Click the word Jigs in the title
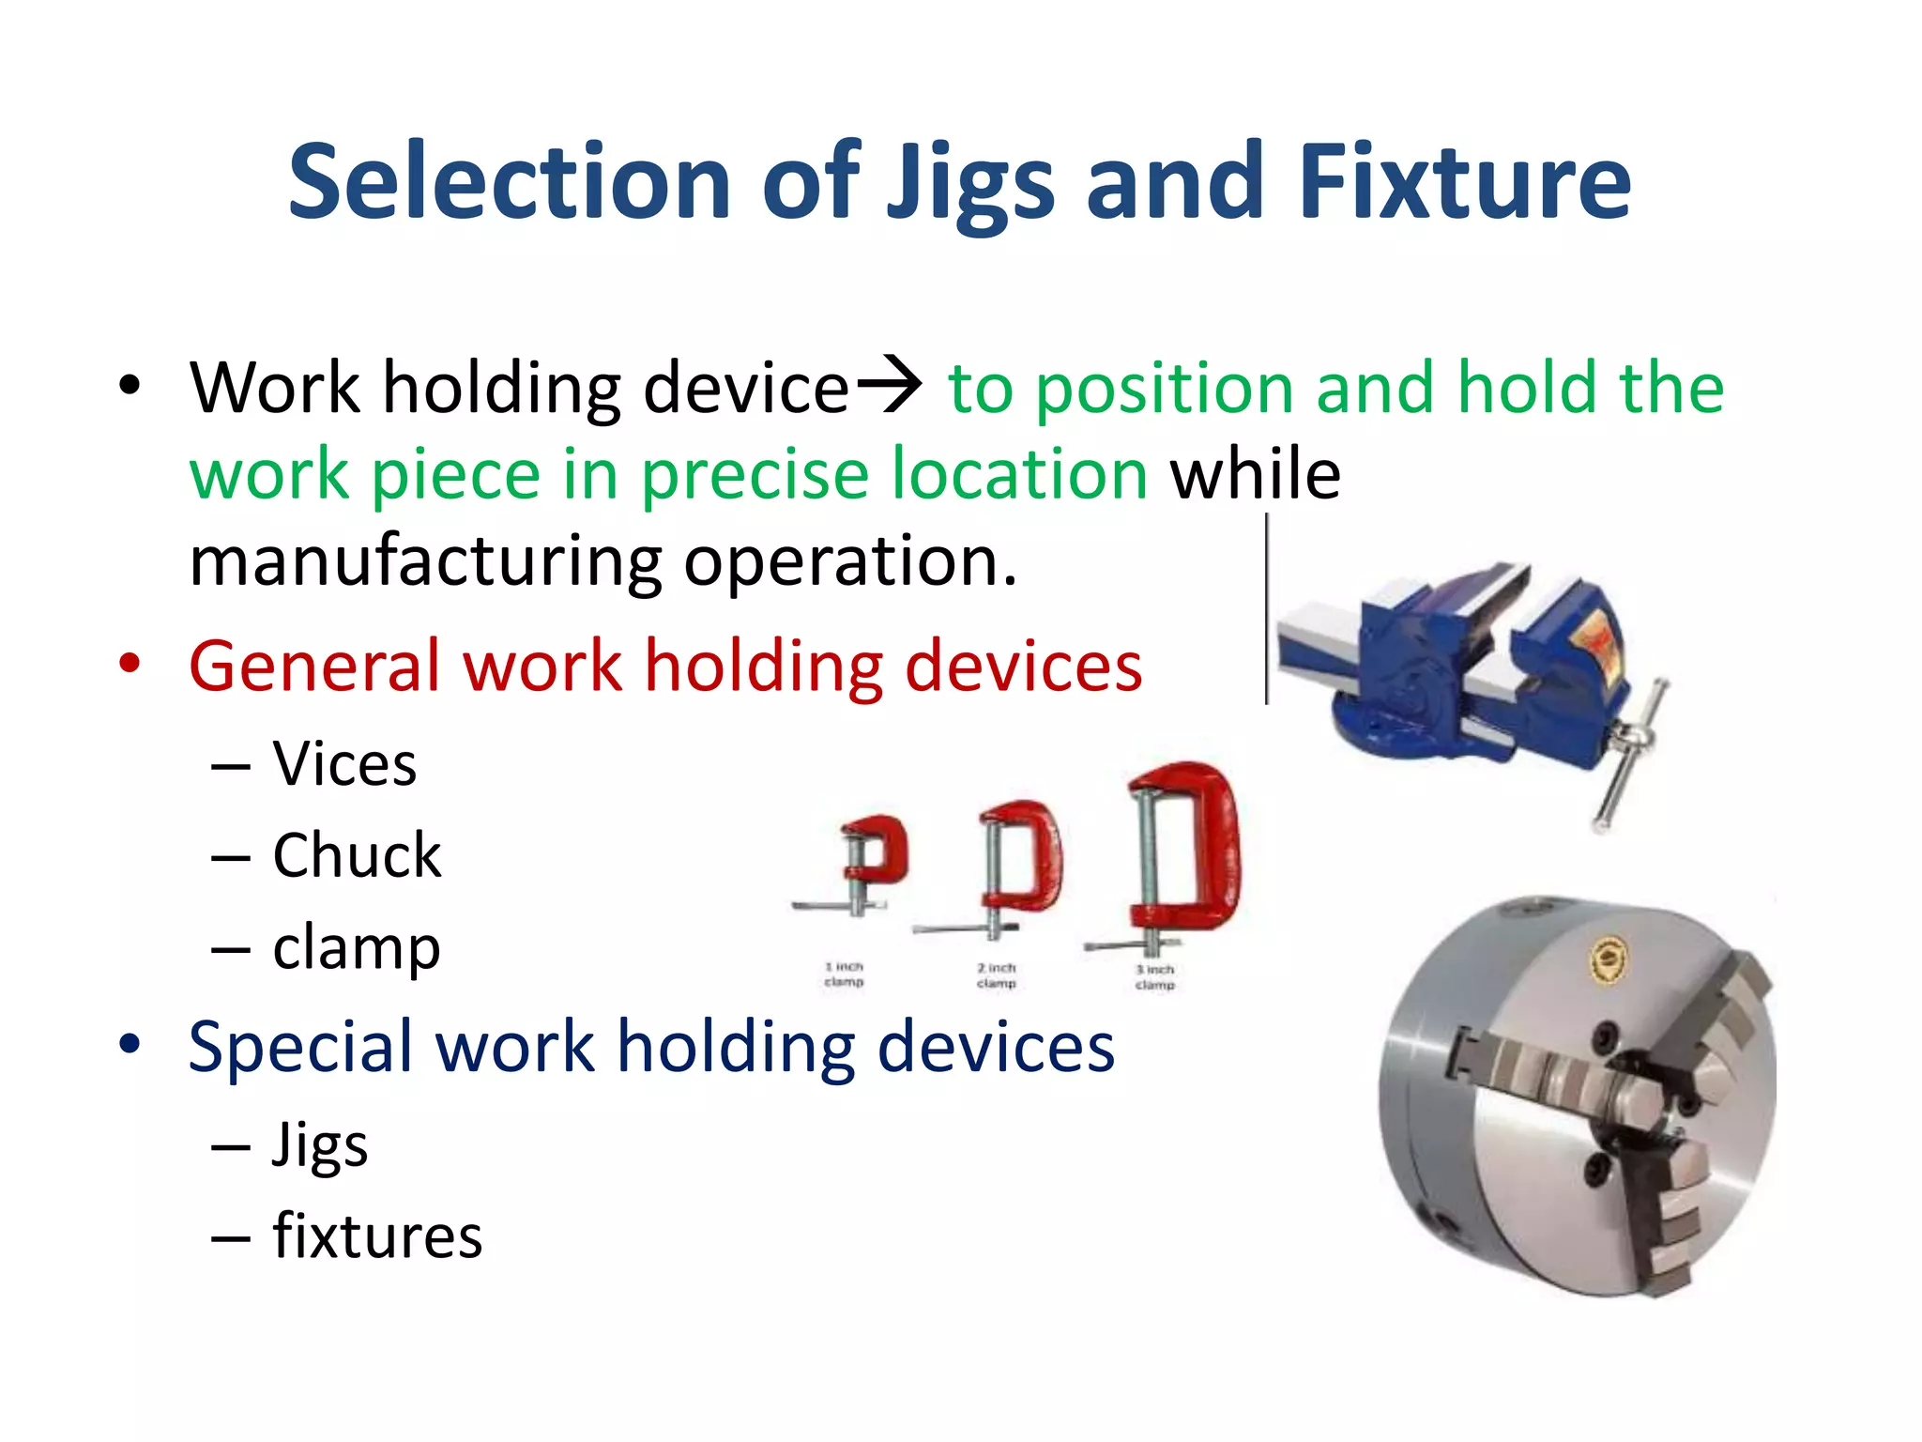pos(970,183)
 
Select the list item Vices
pos(344,763)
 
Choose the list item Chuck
pos(357,855)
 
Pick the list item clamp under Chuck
pos(357,949)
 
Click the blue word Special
pos(300,1047)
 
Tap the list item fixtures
pos(377,1236)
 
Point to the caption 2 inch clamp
pos(997,975)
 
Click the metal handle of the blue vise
pos(1628,760)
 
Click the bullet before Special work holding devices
pos(130,1044)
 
